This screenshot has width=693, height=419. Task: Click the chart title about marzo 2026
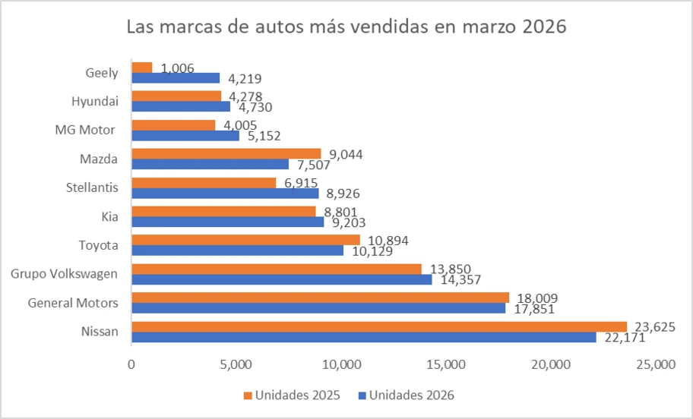[346, 27]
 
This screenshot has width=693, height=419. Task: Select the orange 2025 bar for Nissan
[378, 326]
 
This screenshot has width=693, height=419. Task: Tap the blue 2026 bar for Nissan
[363, 337]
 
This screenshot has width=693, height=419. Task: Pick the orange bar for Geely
[142, 68]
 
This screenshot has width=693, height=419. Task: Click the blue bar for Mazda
[210, 164]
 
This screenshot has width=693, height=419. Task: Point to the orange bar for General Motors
[320, 298]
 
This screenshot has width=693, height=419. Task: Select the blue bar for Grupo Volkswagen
[282, 279]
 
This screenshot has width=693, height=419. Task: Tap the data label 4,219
[242, 78]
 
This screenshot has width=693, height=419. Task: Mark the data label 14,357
[457, 279]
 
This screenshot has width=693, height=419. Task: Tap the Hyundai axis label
[95, 101]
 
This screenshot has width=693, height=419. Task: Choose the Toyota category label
[99, 245]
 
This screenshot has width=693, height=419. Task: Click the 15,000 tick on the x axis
[445, 365]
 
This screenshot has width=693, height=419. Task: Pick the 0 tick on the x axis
[131, 365]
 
